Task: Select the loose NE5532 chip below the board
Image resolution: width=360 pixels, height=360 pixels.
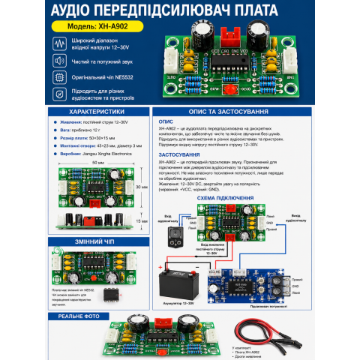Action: pyautogui.click(x=109, y=293)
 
